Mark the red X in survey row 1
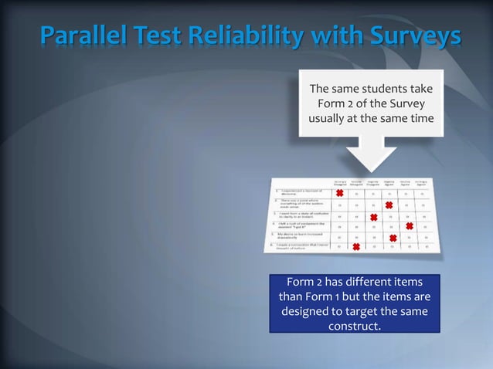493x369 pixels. tap(339, 194)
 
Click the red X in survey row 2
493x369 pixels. tap(389, 205)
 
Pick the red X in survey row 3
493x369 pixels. tap(373, 218)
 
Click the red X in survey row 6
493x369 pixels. tap(356, 247)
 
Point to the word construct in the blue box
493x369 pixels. tap(355, 327)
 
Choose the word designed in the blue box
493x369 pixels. tap(308, 312)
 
